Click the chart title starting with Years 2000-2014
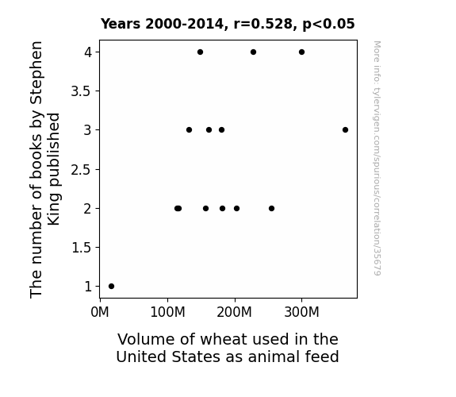pyautogui.click(x=228, y=24)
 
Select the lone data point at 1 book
pyautogui.click(x=111, y=287)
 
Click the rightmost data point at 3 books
pyautogui.click(x=345, y=130)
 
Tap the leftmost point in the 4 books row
pyautogui.click(x=200, y=52)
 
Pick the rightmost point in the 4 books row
pyautogui.click(x=301, y=52)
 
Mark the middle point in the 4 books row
pyautogui.click(x=253, y=52)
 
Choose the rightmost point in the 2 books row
pyautogui.click(x=272, y=209)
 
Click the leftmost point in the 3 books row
pyautogui.click(x=189, y=130)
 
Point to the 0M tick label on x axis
pyautogui.click(x=100, y=312)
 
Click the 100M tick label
pyautogui.click(x=167, y=312)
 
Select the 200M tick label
pyautogui.click(x=235, y=312)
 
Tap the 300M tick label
pyautogui.click(x=301, y=312)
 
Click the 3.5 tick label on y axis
pyautogui.click(x=81, y=91)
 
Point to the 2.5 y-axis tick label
pyautogui.click(x=81, y=169)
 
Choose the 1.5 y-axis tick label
pyautogui.click(x=81, y=248)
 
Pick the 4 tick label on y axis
pyautogui.click(x=88, y=52)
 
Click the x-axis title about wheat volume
pyautogui.click(x=228, y=348)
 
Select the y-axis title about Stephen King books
pyautogui.click(x=44, y=169)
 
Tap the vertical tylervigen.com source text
pyautogui.click(x=377, y=158)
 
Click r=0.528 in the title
pyautogui.click(x=263, y=24)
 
